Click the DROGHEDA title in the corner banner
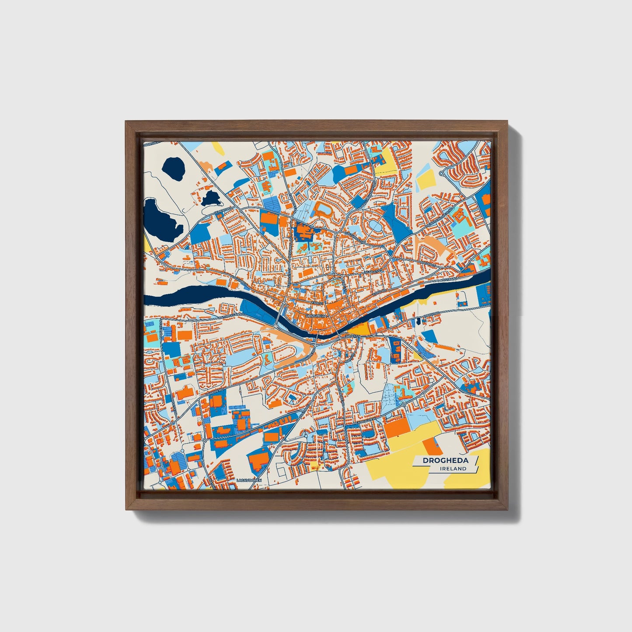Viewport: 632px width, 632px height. [x=445, y=461]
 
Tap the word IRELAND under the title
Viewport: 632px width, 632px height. [x=454, y=469]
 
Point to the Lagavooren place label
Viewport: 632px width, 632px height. [x=248, y=480]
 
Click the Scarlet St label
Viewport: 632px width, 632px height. [x=373, y=272]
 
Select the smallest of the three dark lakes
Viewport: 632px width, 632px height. [x=210, y=198]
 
